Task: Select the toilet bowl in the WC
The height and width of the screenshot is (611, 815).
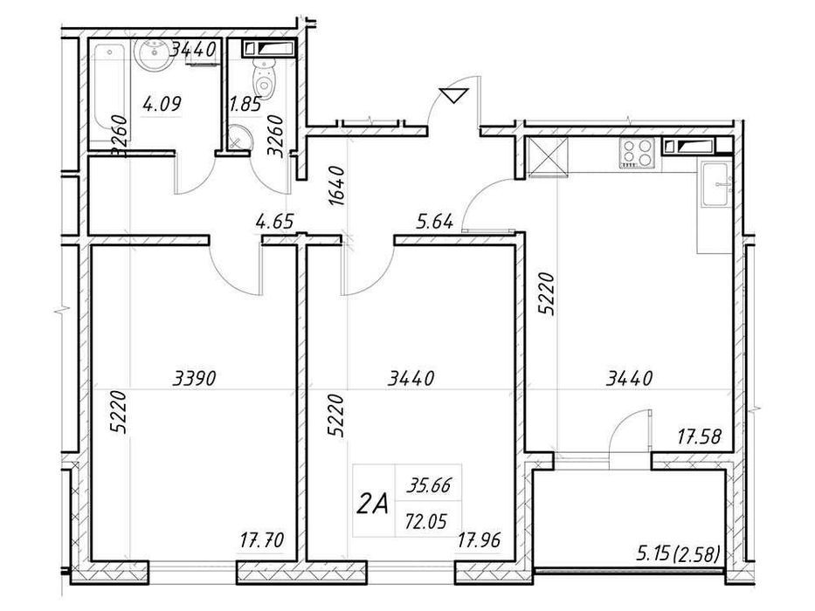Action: [264, 78]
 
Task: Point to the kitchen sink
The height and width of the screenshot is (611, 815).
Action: [716, 184]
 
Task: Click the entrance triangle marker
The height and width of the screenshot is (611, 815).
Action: [453, 96]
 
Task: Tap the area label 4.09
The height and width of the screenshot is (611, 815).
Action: [162, 104]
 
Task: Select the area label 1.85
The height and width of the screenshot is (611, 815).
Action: [245, 105]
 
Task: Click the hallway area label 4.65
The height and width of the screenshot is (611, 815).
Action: [275, 222]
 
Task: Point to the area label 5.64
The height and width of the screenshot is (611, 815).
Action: [435, 222]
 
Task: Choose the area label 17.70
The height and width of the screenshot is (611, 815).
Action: [262, 539]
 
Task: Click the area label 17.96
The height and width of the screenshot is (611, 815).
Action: [479, 539]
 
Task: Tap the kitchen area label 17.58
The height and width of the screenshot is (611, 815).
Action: [699, 436]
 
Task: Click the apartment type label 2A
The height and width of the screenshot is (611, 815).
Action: [372, 504]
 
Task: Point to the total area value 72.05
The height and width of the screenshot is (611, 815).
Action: [427, 520]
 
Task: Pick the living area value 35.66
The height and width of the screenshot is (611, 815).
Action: [429, 485]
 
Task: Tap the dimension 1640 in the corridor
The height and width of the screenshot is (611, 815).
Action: [337, 185]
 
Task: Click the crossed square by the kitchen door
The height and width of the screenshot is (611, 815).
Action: [548, 156]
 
